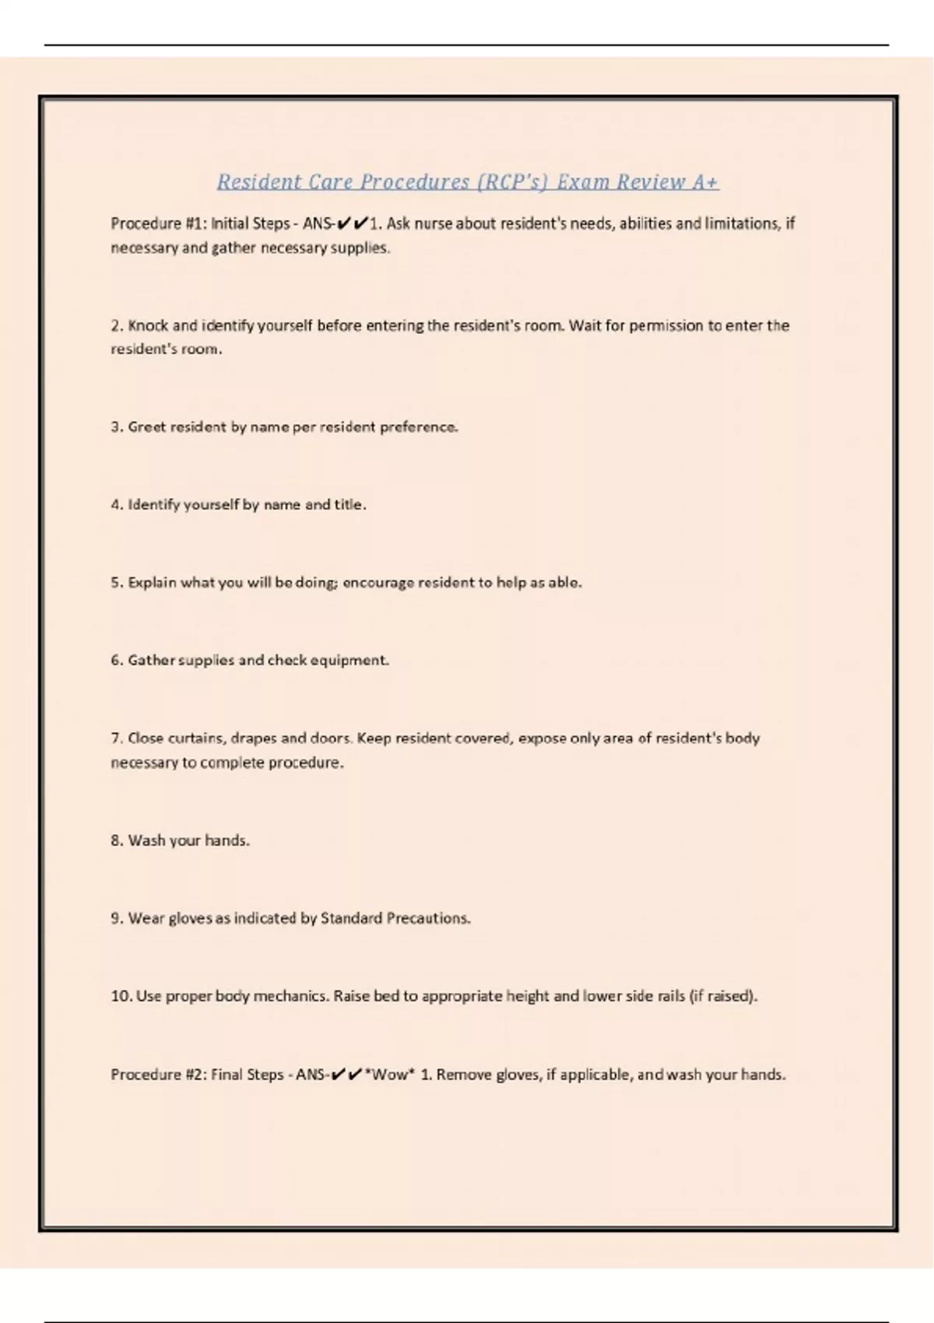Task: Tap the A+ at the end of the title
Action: coord(704,182)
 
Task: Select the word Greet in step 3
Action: coord(146,427)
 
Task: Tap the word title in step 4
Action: coord(349,505)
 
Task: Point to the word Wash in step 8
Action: coord(146,840)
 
